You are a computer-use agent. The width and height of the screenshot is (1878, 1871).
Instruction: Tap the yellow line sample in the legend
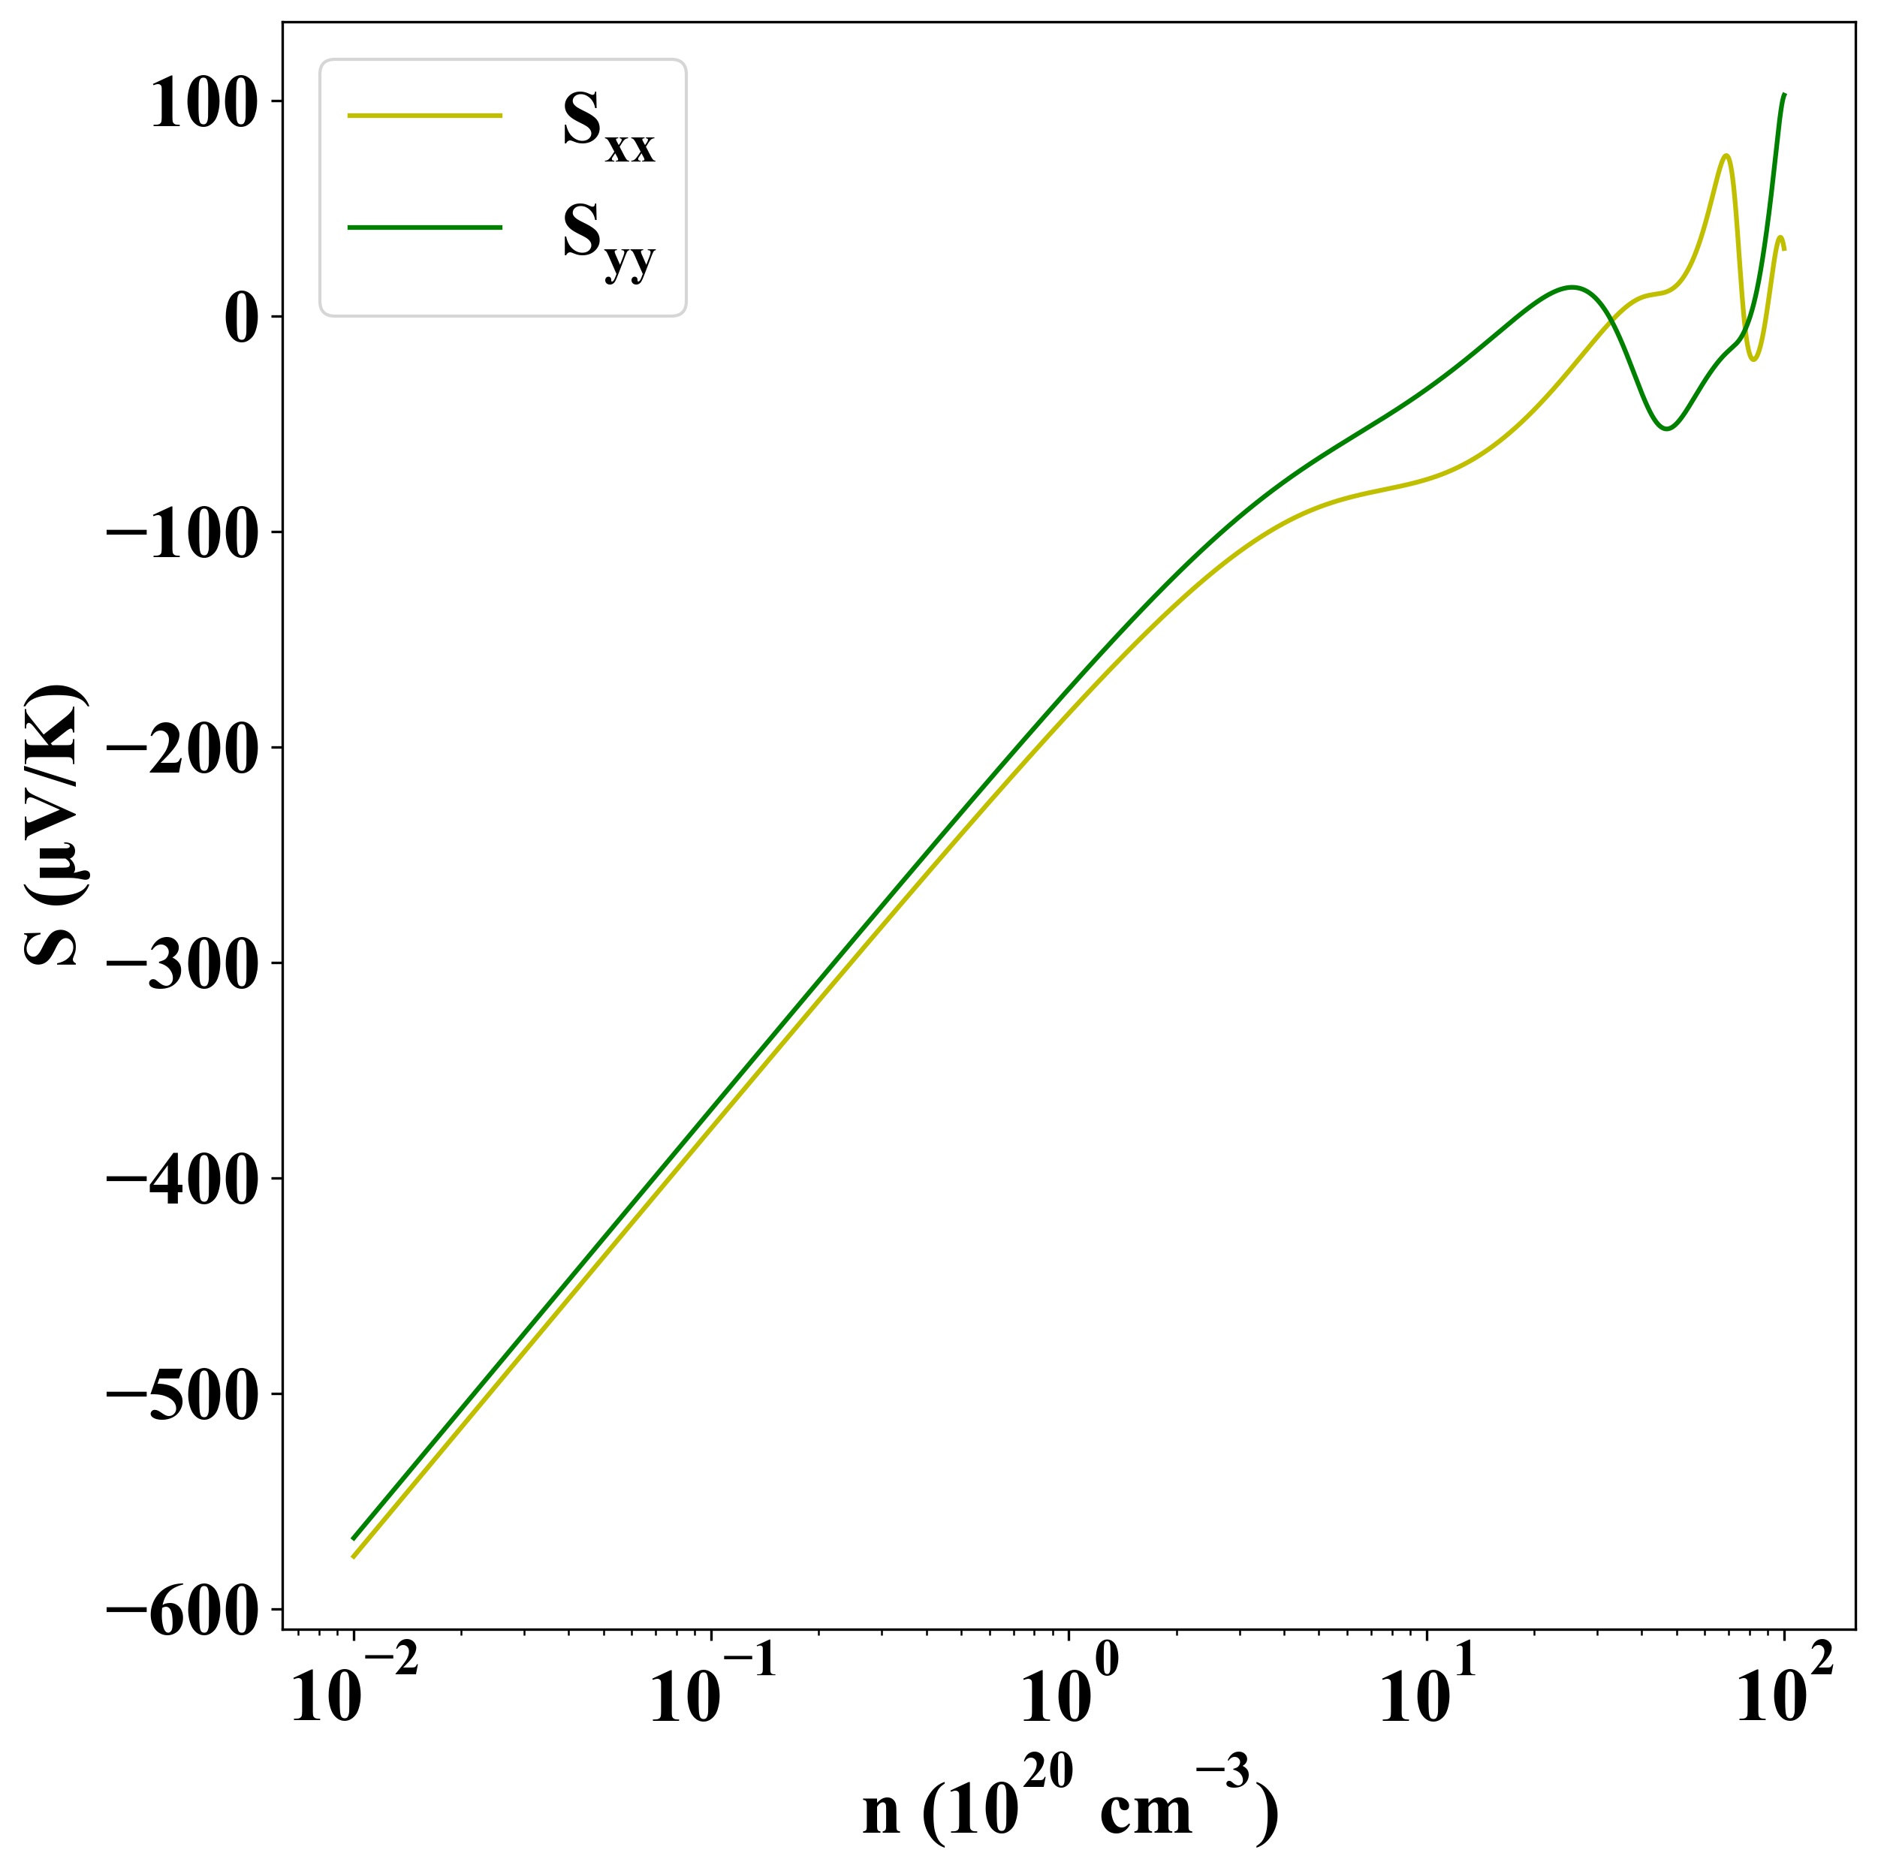tap(425, 116)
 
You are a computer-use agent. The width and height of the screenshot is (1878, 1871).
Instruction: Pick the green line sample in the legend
tap(425, 227)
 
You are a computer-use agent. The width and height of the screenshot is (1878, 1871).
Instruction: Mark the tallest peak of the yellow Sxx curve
tap(1726, 155)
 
